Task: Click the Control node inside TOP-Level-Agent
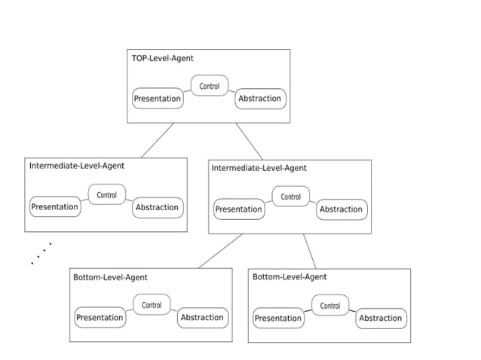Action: click(209, 86)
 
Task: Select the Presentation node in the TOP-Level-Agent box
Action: click(158, 99)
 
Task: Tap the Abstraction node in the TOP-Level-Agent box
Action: click(259, 99)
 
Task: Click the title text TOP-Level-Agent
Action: click(162, 58)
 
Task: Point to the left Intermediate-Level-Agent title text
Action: click(76, 166)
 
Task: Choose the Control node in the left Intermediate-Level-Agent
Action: click(107, 195)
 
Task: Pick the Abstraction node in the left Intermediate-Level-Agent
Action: click(157, 207)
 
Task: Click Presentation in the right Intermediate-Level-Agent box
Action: click(239, 209)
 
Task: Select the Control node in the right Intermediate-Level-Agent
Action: click(290, 197)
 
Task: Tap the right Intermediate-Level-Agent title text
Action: click(259, 168)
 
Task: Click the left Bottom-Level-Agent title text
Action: click(110, 277)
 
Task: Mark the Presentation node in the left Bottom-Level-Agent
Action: click(100, 318)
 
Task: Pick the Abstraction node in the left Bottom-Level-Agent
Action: click(202, 318)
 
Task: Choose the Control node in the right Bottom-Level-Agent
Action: click(330, 306)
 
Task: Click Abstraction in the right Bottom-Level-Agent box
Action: click(381, 319)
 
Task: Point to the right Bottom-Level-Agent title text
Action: click(290, 277)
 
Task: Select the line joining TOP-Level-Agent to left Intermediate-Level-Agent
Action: click(158, 140)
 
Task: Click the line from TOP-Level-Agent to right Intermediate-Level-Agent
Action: click(250, 141)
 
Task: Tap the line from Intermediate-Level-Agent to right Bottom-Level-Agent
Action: click(310, 251)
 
